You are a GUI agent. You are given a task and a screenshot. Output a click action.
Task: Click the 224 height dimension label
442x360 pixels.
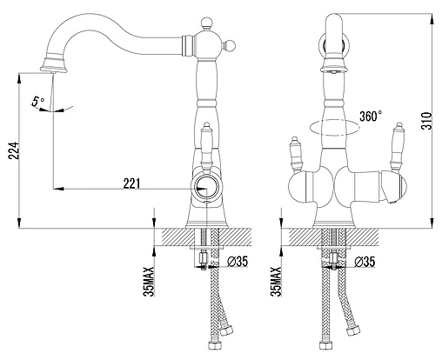(x=14, y=150)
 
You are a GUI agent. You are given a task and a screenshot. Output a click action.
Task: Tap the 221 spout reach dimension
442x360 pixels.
(x=131, y=183)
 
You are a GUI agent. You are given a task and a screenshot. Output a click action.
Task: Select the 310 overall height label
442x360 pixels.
(x=426, y=121)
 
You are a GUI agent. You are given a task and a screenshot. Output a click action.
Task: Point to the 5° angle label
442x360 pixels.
(x=38, y=102)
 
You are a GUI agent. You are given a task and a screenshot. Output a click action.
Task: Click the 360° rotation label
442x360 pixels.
(x=371, y=117)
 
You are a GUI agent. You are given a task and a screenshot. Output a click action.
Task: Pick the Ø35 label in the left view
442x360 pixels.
(x=238, y=262)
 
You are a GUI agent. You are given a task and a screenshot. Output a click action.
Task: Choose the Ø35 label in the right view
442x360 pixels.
(x=365, y=262)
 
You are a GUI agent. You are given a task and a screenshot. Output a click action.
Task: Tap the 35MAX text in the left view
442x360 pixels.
(x=150, y=281)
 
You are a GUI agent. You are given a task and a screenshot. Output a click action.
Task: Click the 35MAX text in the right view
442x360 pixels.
(x=277, y=281)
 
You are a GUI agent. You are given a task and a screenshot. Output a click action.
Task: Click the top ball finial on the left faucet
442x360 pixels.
(x=207, y=23)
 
